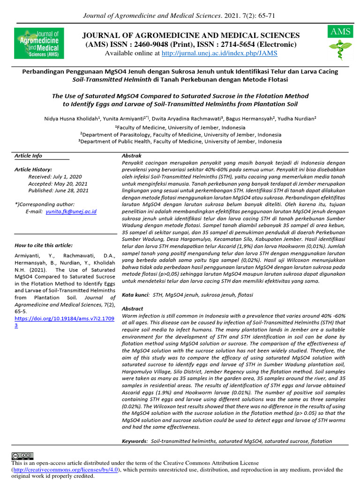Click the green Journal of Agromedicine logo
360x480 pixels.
pyautogui.click(x=38, y=43)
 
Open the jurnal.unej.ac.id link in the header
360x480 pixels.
pyautogui.click(x=219, y=53)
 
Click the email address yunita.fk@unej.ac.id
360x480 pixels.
pyautogui.click(x=71, y=212)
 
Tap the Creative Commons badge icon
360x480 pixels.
pyautogui.click(x=22, y=456)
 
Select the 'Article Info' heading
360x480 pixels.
pyautogui.click(x=28, y=156)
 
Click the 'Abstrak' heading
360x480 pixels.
pyautogui.click(x=132, y=155)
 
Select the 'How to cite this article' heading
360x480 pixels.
pyautogui.click(x=44, y=245)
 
